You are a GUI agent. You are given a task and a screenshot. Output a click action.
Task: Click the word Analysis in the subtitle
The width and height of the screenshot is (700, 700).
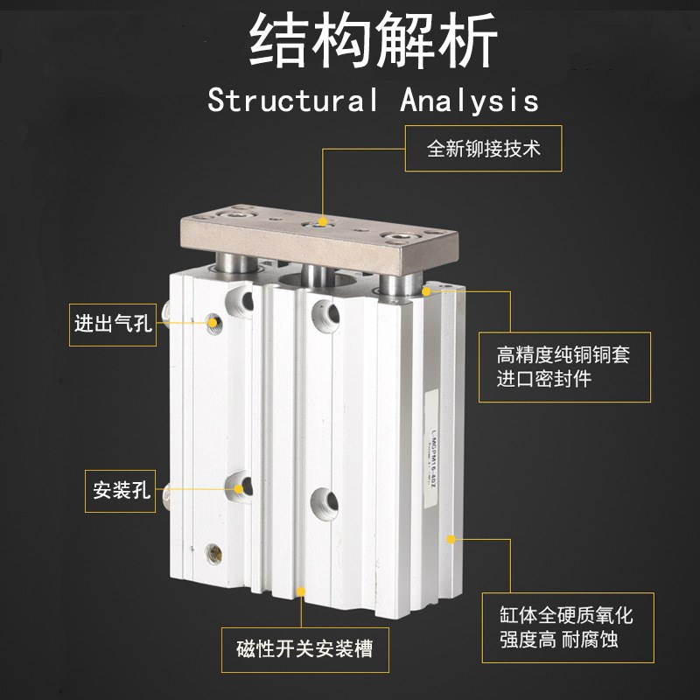470,100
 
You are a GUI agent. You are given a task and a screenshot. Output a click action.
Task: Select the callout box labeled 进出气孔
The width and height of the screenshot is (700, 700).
113,324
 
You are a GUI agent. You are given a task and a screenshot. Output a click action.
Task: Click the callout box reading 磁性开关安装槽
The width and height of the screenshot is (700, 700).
304,648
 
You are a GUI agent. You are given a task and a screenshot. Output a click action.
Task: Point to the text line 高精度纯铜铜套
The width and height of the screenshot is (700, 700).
563,355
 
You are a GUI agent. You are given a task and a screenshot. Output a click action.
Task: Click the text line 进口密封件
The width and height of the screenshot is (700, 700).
543,379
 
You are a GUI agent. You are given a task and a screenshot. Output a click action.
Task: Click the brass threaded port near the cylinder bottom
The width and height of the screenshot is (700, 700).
213,553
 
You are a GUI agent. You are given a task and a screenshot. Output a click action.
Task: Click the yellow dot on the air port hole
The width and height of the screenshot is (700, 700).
213,323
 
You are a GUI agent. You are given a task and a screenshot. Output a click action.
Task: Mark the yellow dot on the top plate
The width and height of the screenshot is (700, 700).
323,224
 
